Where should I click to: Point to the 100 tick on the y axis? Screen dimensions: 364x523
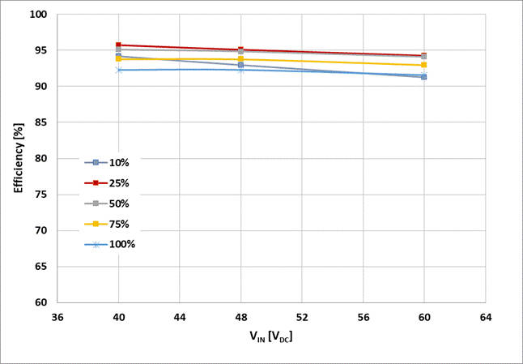pyautogui.click(x=39, y=15)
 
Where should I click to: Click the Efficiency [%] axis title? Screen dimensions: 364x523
pyautogui.click(x=18, y=158)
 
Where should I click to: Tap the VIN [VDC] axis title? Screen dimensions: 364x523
pyautogui.click(x=271, y=336)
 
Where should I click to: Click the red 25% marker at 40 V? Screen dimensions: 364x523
pyautogui.click(x=118, y=45)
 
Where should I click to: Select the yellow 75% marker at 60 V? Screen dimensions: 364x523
pyautogui.click(x=424, y=65)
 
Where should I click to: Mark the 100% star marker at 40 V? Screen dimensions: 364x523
pyautogui.click(x=118, y=70)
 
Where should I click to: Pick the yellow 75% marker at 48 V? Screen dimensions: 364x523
pyautogui.click(x=240, y=59)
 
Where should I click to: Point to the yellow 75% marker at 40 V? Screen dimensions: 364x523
pyautogui.click(x=118, y=58)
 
